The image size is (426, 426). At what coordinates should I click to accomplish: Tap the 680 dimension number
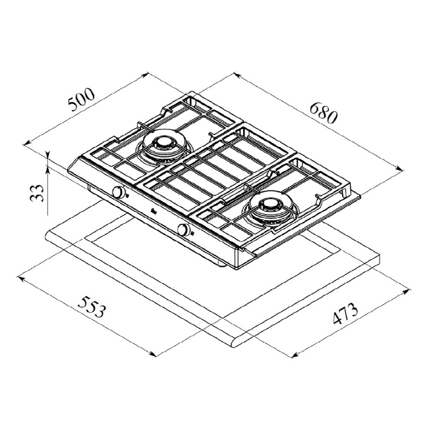click(324, 112)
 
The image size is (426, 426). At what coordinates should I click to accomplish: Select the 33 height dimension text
click(37, 193)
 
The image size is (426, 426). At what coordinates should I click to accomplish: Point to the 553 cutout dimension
click(91, 307)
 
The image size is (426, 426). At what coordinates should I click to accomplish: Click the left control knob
click(118, 192)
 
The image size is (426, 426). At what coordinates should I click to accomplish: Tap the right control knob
click(183, 230)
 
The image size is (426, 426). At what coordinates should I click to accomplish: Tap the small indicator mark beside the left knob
click(127, 195)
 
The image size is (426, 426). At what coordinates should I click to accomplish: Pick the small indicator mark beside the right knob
click(193, 233)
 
